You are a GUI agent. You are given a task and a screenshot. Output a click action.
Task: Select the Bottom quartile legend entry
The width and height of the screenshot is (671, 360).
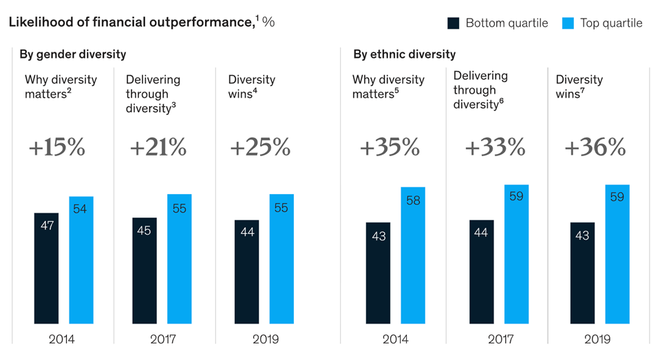click(x=498, y=23)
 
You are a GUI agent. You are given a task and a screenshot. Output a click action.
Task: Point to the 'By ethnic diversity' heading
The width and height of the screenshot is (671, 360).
click(x=405, y=54)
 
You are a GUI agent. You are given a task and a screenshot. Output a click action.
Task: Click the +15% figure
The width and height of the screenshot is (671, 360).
click(x=57, y=147)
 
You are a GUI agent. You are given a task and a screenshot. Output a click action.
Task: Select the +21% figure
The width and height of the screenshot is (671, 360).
click(x=158, y=147)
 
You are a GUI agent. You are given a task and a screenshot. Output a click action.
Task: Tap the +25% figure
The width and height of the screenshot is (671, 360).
click(x=261, y=147)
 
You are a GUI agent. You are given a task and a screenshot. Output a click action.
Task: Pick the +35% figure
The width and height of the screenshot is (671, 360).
click(x=390, y=147)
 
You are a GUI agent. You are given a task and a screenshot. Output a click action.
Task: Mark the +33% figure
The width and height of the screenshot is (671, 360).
click(x=496, y=147)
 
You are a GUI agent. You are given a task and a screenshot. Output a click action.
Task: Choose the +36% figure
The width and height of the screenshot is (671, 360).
click(x=595, y=147)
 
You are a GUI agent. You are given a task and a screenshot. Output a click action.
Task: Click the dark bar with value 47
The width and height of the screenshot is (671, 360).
click(x=46, y=268)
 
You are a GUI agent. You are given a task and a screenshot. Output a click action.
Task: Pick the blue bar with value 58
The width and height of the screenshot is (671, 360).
click(x=413, y=255)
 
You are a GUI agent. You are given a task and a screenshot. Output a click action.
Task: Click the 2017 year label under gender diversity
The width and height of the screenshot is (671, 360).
click(x=163, y=339)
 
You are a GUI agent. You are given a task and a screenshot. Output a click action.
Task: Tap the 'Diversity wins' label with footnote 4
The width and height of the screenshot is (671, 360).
click(x=252, y=86)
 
